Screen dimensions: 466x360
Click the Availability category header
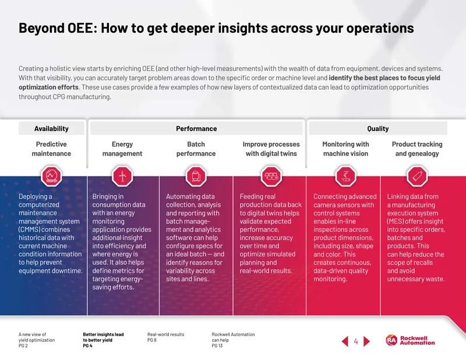tap(51, 128)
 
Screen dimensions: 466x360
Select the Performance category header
tap(196, 128)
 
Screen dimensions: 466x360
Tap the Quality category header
tap(378, 128)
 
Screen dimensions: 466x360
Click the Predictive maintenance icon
tap(51, 176)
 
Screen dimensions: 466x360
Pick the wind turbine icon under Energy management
tap(122, 176)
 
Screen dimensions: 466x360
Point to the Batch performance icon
tap(196, 176)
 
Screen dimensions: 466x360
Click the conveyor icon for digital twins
tap(271, 176)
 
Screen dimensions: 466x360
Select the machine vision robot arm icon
tap(345, 176)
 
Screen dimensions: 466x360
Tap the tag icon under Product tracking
tap(417, 176)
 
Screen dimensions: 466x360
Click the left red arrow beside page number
tap(345, 341)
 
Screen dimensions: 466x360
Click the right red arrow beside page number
tap(367, 341)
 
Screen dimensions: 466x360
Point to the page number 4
tap(356, 341)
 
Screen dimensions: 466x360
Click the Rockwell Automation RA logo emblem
tap(391, 340)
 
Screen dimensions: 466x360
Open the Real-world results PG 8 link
tap(165, 337)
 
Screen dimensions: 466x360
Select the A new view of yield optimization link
tap(37, 340)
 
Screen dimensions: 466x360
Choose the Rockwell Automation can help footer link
tap(233, 340)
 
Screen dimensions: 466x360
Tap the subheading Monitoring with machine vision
tap(345, 149)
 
